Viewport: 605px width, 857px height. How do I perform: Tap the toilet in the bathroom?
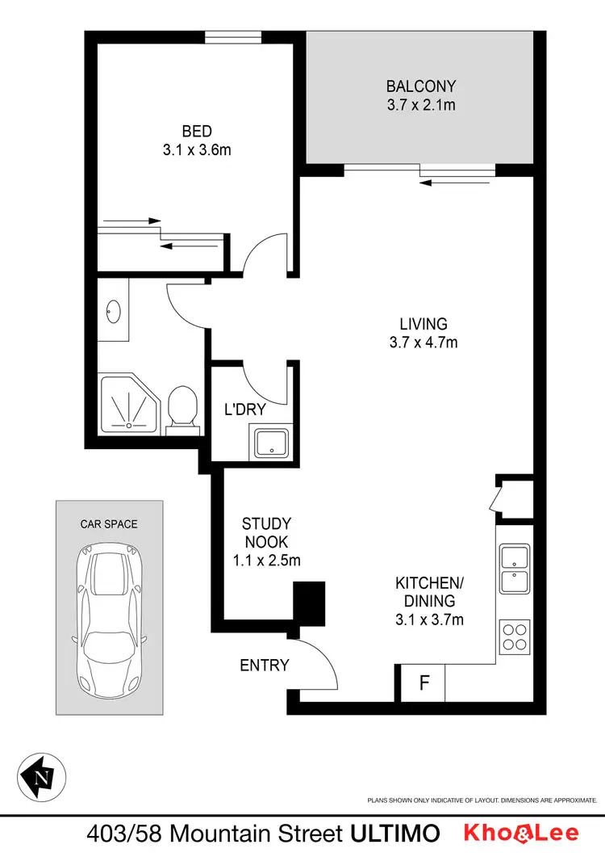[x=181, y=407]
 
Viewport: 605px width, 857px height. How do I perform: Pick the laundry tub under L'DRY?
[x=270, y=443]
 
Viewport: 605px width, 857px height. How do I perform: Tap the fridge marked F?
[x=423, y=683]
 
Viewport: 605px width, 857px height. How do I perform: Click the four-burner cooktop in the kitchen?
[x=514, y=636]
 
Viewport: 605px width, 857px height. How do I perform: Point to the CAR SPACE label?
[x=108, y=523]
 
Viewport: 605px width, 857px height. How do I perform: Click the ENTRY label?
[x=264, y=666]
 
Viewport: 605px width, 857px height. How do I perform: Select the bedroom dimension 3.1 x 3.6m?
[x=197, y=149]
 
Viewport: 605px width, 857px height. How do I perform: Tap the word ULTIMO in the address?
[x=396, y=833]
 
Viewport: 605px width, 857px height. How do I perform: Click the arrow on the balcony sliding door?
[x=455, y=183]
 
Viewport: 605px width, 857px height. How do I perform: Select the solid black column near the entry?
[x=308, y=603]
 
